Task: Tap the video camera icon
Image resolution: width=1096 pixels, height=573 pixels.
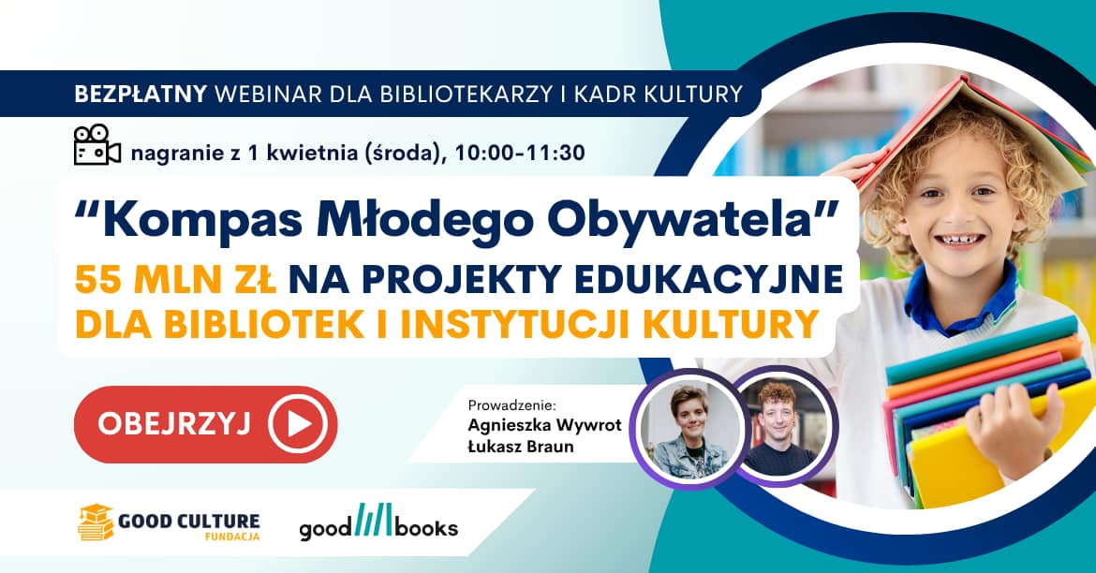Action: pyautogui.click(x=96, y=145)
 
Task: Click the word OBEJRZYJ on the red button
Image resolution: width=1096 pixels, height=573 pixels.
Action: pyautogui.click(x=173, y=424)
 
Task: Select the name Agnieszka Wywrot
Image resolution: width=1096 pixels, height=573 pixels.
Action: pyautogui.click(x=544, y=426)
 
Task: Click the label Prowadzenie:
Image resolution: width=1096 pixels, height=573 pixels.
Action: pyautogui.click(x=511, y=405)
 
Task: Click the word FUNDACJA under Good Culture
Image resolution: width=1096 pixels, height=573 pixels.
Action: pyautogui.click(x=233, y=536)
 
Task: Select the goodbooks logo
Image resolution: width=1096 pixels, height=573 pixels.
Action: pyautogui.click(x=378, y=524)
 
